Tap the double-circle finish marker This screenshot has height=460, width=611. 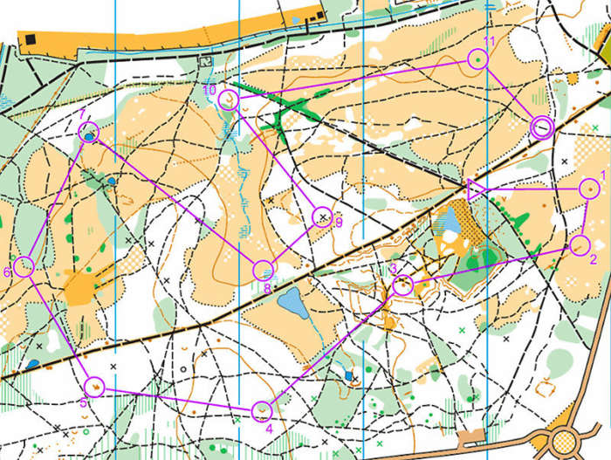coord(542,128)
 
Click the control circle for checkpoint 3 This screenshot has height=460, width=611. coord(402,284)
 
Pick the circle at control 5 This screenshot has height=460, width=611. coord(94,386)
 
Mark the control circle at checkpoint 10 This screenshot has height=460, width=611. coord(229,100)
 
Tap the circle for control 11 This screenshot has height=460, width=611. coord(477,58)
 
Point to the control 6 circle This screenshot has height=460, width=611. coord(24,267)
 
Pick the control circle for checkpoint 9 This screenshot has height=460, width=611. coord(323,217)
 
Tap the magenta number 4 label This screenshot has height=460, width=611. coord(269,429)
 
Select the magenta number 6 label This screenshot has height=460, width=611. coord(7,273)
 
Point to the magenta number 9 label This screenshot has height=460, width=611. coord(339,223)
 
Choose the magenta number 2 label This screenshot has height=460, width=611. coord(594,259)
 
